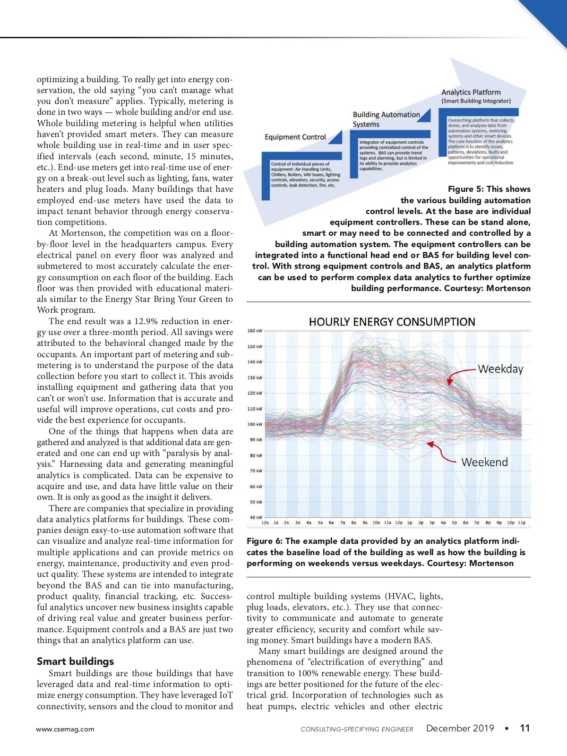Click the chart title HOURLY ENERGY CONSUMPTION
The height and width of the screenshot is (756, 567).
pyautogui.click(x=392, y=322)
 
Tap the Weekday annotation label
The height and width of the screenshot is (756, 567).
pyautogui.click(x=500, y=369)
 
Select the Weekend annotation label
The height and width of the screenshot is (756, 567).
pyautogui.click(x=484, y=462)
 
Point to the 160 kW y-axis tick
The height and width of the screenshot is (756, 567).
pyautogui.click(x=255, y=331)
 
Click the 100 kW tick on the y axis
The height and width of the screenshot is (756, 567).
pyautogui.click(x=255, y=424)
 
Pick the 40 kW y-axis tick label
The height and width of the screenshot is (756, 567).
pyautogui.click(x=256, y=517)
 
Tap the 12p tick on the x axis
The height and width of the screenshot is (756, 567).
pyautogui.click(x=399, y=523)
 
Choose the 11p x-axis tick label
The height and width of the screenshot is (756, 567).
pyautogui.click(x=521, y=523)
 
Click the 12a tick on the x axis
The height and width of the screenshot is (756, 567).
pyautogui.click(x=265, y=523)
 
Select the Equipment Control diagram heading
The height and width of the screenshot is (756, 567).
pyautogui.click(x=295, y=137)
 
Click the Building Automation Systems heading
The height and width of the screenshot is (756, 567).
pyautogui.click(x=386, y=120)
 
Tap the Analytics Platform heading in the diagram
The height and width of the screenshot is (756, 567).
pyautogui.click(x=471, y=93)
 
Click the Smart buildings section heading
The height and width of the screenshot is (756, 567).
pyautogui.click(x=76, y=661)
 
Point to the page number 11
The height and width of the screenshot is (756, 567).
pyautogui.click(x=524, y=728)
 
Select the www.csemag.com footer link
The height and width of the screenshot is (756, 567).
pyautogui.click(x=65, y=729)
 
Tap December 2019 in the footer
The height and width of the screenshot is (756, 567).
pyautogui.click(x=460, y=728)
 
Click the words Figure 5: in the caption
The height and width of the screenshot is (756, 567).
pyautogui.click(x=465, y=189)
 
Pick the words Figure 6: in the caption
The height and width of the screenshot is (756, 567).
pyautogui.click(x=264, y=541)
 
